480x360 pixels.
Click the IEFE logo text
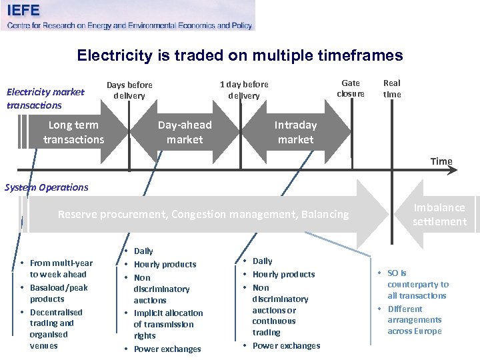(x=23, y=11)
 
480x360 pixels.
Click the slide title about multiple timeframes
(x=240, y=55)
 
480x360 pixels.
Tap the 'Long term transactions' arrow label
(x=73, y=132)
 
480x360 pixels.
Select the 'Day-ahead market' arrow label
(x=185, y=132)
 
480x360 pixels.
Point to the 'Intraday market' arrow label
(x=295, y=132)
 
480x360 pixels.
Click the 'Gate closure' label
(x=351, y=88)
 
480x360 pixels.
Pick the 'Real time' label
(x=392, y=88)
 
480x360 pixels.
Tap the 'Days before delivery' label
(x=129, y=90)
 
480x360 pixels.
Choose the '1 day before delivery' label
(x=244, y=90)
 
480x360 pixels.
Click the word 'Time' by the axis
(x=441, y=161)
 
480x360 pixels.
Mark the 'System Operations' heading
(x=47, y=187)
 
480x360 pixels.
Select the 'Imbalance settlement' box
(x=439, y=214)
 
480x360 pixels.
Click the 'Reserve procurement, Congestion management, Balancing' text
(x=203, y=214)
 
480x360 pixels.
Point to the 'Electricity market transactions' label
(x=45, y=99)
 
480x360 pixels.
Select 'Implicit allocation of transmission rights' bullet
(x=168, y=324)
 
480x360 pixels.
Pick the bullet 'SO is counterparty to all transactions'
(x=417, y=284)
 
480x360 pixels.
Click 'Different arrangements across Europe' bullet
(x=414, y=320)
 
